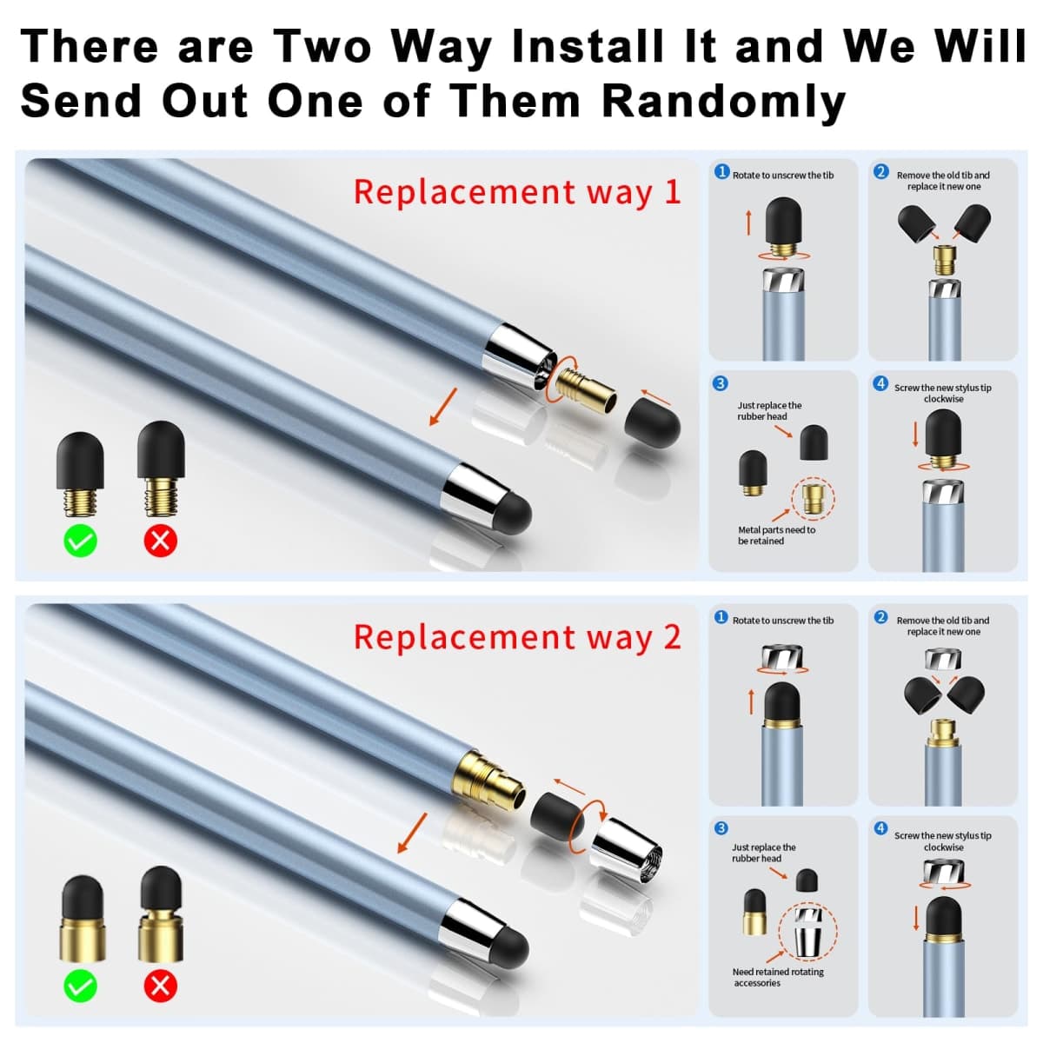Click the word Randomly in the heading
tap(724, 102)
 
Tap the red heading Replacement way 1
tap(517, 193)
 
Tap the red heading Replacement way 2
tap(517, 637)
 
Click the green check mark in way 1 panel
tap(81, 540)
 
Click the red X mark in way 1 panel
tap(161, 540)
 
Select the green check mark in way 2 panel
tap(81, 986)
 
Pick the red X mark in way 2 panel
tap(161, 986)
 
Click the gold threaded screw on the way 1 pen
tap(587, 387)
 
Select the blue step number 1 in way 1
tap(722, 172)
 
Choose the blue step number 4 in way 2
tap(880, 828)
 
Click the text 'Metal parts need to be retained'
tap(776, 535)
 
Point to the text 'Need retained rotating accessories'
tap(778, 977)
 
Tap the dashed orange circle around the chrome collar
tap(779, 931)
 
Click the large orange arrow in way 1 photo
tap(443, 407)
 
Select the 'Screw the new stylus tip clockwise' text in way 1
tap(943, 394)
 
